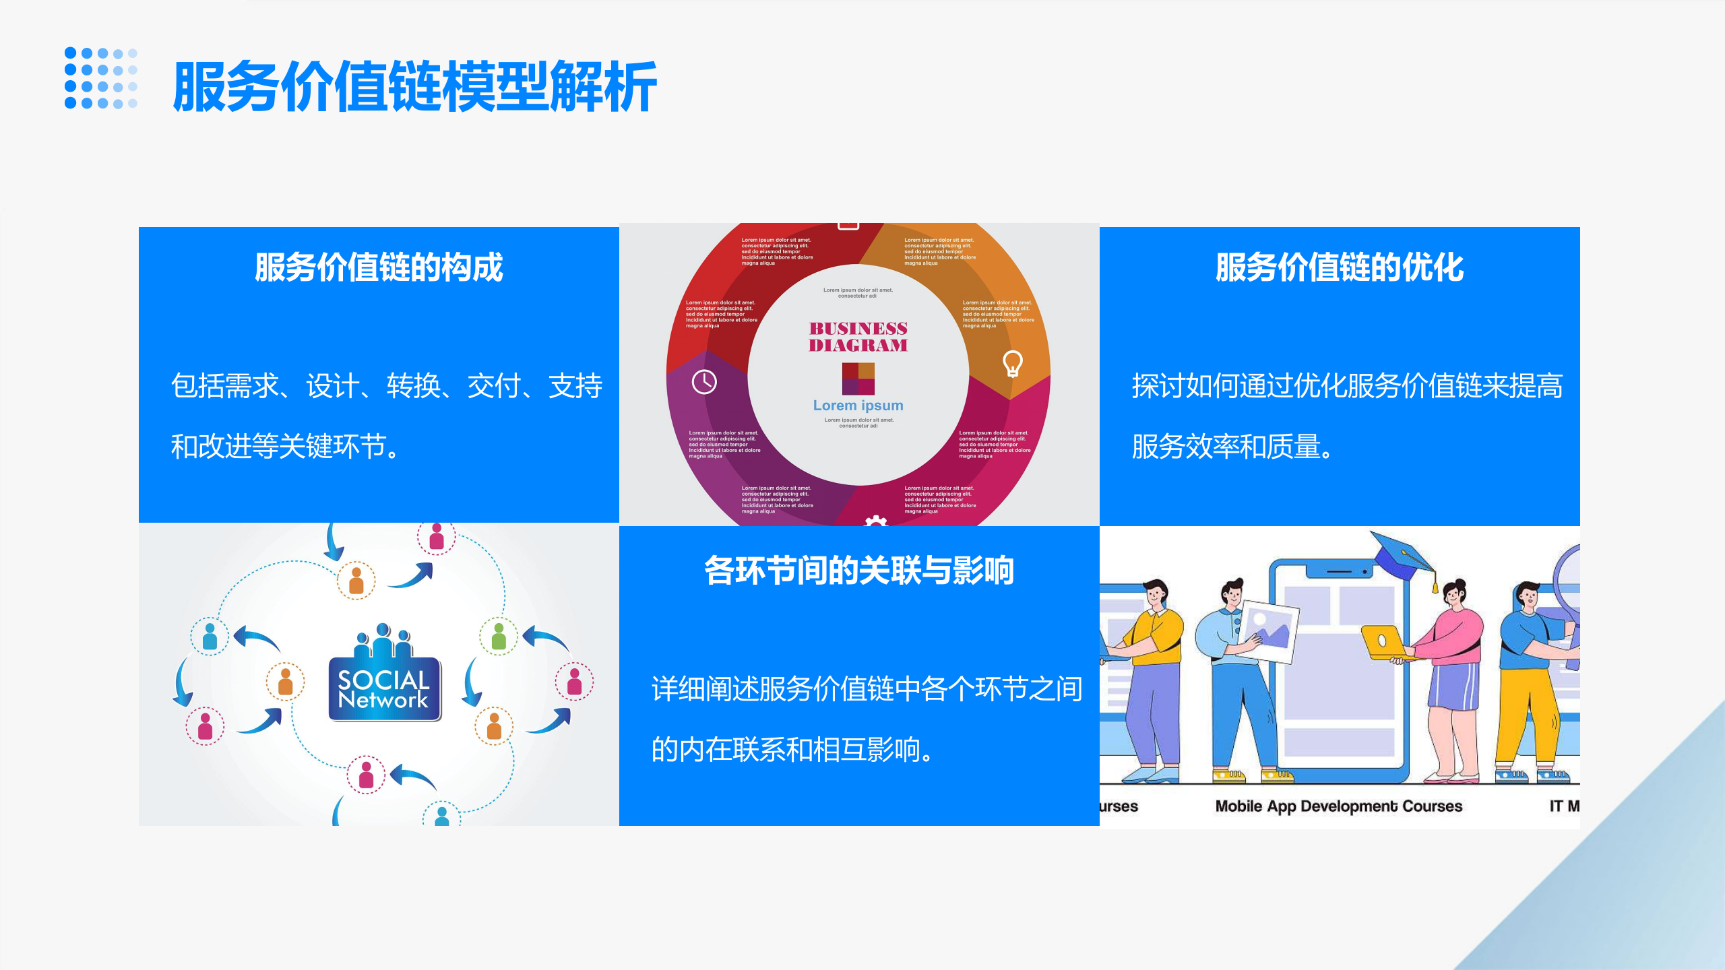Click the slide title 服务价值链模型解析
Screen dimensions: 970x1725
414,86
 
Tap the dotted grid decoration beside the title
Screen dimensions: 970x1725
101,78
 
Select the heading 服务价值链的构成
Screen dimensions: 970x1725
379,267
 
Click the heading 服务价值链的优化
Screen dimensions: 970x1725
1340,267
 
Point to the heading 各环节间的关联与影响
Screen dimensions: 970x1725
859,571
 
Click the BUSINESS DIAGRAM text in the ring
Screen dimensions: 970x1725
858,337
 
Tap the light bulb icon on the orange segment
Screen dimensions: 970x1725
1013,363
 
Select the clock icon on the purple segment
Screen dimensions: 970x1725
704,382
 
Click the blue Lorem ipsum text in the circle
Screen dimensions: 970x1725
858,406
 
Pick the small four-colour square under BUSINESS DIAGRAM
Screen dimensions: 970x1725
858,379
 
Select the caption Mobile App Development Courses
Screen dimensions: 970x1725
1338,806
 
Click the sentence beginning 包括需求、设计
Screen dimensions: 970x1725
387,386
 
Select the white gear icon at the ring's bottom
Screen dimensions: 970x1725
875,521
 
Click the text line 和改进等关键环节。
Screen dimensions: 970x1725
286,447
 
